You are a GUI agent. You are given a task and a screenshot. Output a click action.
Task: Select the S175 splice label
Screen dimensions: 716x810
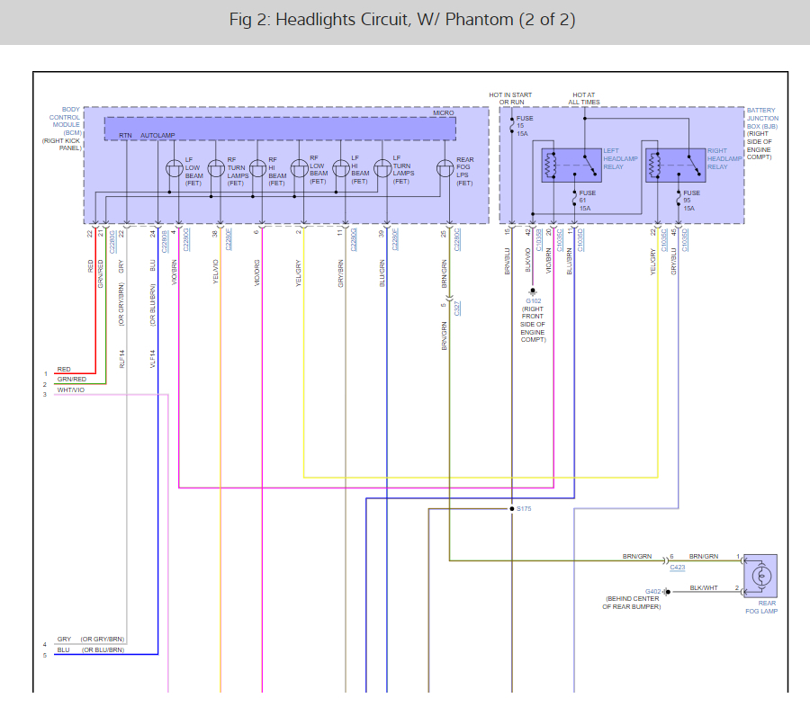524,509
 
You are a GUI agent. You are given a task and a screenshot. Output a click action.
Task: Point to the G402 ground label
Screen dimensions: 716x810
653,591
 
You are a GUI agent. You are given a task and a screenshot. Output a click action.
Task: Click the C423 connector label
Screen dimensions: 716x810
676,568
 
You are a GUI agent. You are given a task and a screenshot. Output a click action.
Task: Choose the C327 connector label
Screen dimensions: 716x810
457,309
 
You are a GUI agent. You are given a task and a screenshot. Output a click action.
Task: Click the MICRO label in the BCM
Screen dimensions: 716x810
444,112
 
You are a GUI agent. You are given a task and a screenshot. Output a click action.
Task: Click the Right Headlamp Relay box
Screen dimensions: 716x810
674,166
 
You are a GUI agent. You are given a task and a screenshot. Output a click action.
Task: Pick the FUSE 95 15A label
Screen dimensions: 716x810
691,201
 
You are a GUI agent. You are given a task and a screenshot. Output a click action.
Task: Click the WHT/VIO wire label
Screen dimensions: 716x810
70,389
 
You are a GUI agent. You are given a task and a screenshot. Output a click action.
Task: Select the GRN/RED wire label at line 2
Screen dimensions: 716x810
71,380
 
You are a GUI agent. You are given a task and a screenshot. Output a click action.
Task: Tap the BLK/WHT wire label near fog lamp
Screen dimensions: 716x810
704,587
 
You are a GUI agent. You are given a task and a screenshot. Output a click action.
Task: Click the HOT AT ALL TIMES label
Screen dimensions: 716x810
584,98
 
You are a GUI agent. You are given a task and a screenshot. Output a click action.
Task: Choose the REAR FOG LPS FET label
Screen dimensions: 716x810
464,171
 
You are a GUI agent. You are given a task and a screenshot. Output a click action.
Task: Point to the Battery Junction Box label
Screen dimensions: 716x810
762,134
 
